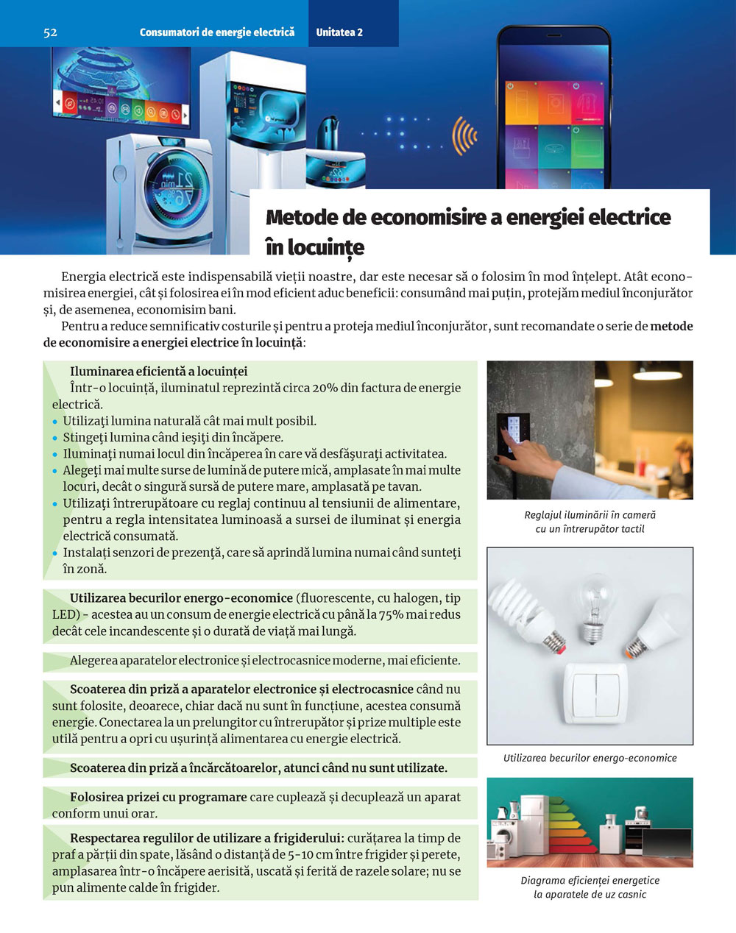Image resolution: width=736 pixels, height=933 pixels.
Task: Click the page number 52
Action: (50, 32)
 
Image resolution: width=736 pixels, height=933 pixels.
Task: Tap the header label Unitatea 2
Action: (339, 32)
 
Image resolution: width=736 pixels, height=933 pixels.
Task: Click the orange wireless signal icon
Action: (464, 135)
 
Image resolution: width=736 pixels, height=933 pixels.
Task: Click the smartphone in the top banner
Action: (553, 110)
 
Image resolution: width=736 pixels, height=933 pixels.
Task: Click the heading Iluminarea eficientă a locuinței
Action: (158, 372)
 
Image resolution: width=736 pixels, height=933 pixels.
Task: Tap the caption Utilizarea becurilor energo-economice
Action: (590, 758)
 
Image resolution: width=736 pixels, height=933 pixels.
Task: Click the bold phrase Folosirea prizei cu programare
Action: (158, 797)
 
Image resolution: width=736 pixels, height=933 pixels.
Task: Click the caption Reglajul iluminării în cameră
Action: (590, 515)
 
